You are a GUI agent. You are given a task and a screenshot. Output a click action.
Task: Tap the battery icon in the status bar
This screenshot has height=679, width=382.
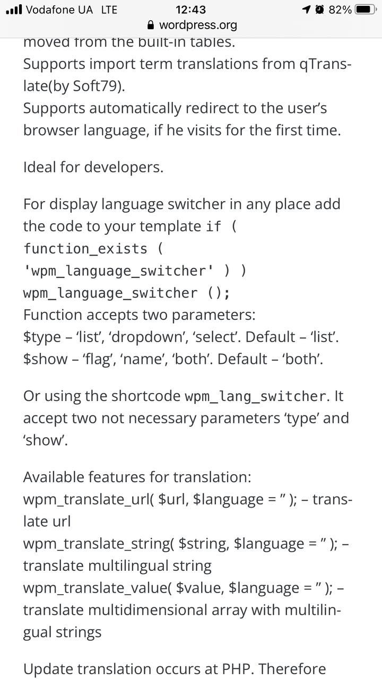(366, 10)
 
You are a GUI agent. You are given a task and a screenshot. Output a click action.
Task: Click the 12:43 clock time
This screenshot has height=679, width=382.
(190, 10)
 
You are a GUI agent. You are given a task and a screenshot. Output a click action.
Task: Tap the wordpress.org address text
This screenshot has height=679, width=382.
(198, 25)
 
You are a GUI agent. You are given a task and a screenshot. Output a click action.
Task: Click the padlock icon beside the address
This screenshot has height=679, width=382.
(151, 25)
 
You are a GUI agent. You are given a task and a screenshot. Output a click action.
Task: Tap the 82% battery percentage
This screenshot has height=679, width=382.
(340, 10)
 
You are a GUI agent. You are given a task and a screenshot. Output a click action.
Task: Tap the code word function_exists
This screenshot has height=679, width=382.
(85, 249)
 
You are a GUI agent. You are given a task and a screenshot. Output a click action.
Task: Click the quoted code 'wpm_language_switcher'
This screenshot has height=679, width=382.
(119, 271)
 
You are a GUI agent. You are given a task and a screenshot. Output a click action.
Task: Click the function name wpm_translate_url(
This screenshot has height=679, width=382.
(89, 500)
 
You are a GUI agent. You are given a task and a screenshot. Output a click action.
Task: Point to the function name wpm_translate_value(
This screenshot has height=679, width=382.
(97, 589)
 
